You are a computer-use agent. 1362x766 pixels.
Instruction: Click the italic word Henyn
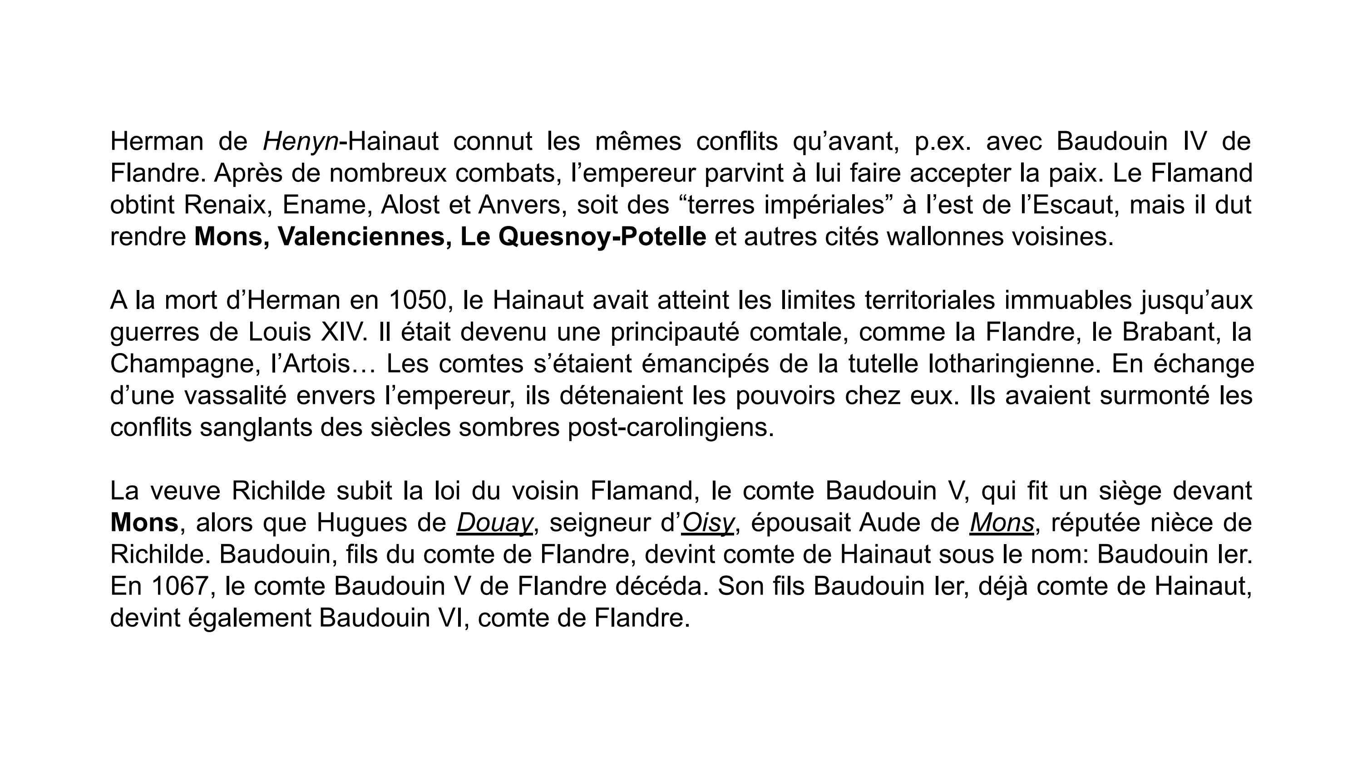tap(300, 141)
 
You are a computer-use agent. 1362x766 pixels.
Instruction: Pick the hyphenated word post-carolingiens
tap(671, 427)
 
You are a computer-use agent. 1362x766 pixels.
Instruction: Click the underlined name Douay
tap(494, 523)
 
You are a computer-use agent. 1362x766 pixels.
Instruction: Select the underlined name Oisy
tap(707, 523)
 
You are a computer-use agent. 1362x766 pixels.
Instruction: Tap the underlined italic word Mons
tap(1002, 523)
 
